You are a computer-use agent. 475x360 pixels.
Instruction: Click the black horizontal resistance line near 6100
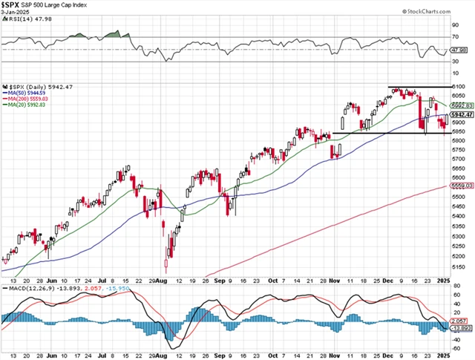[x=416, y=87]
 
